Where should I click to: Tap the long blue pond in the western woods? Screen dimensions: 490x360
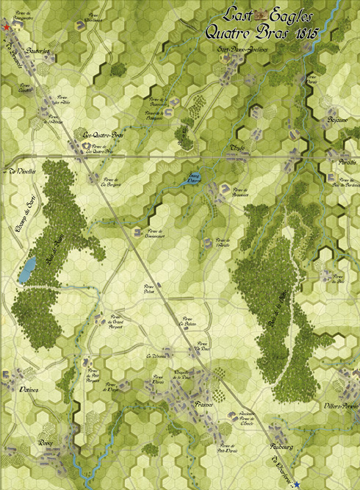click(x=26, y=270)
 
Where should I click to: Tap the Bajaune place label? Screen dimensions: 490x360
click(x=336, y=119)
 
